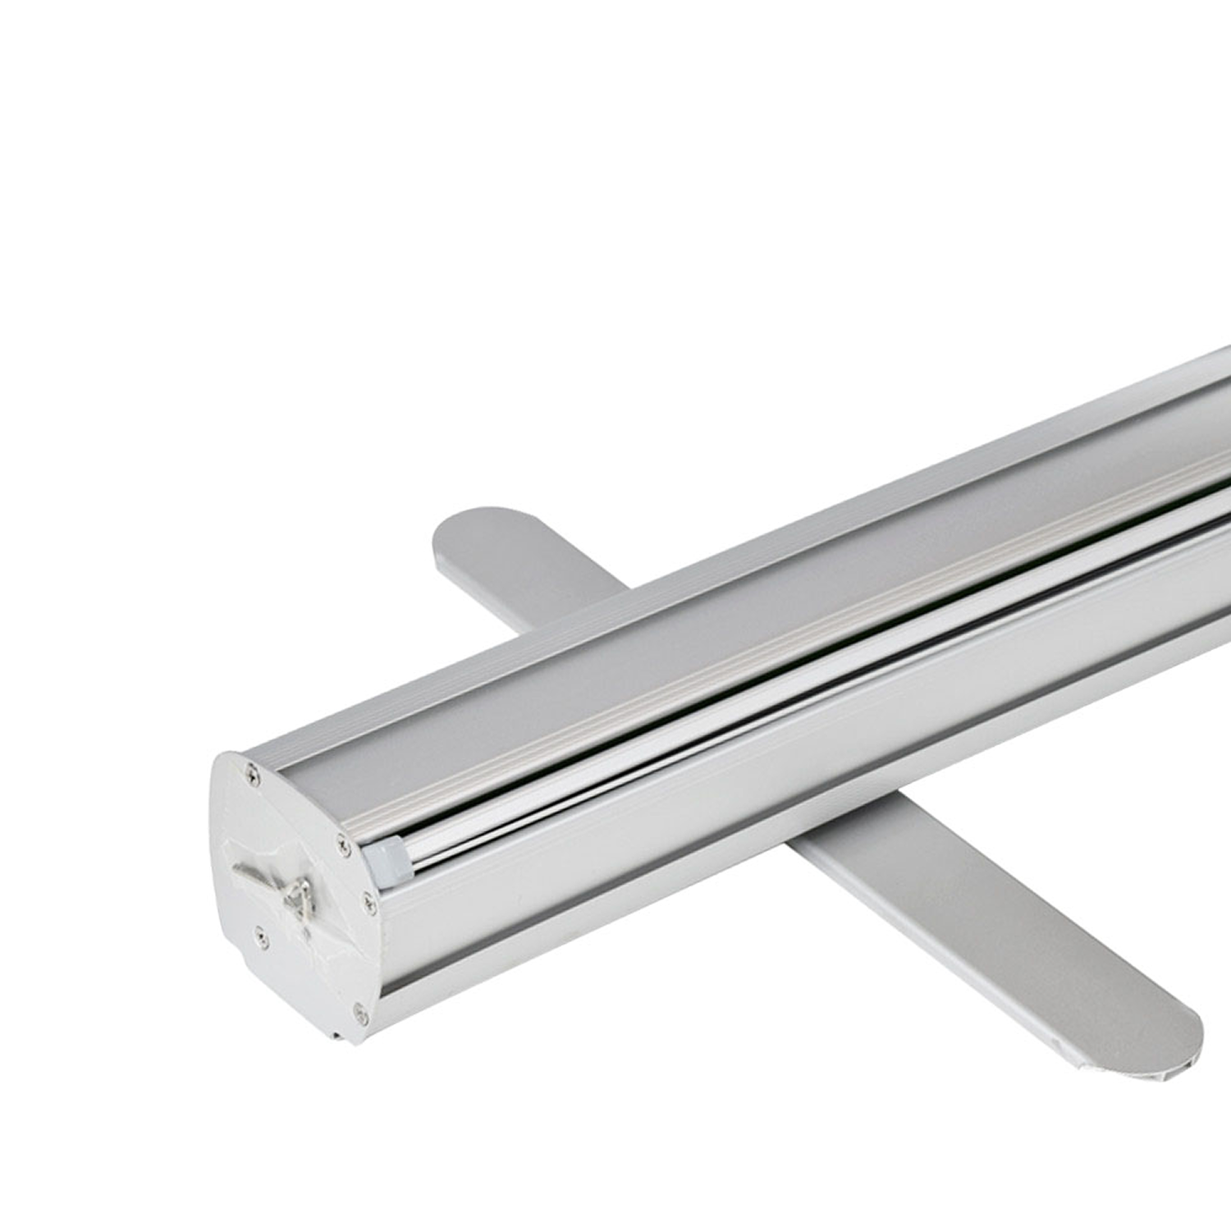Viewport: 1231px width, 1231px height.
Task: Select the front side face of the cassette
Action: (739, 821)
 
